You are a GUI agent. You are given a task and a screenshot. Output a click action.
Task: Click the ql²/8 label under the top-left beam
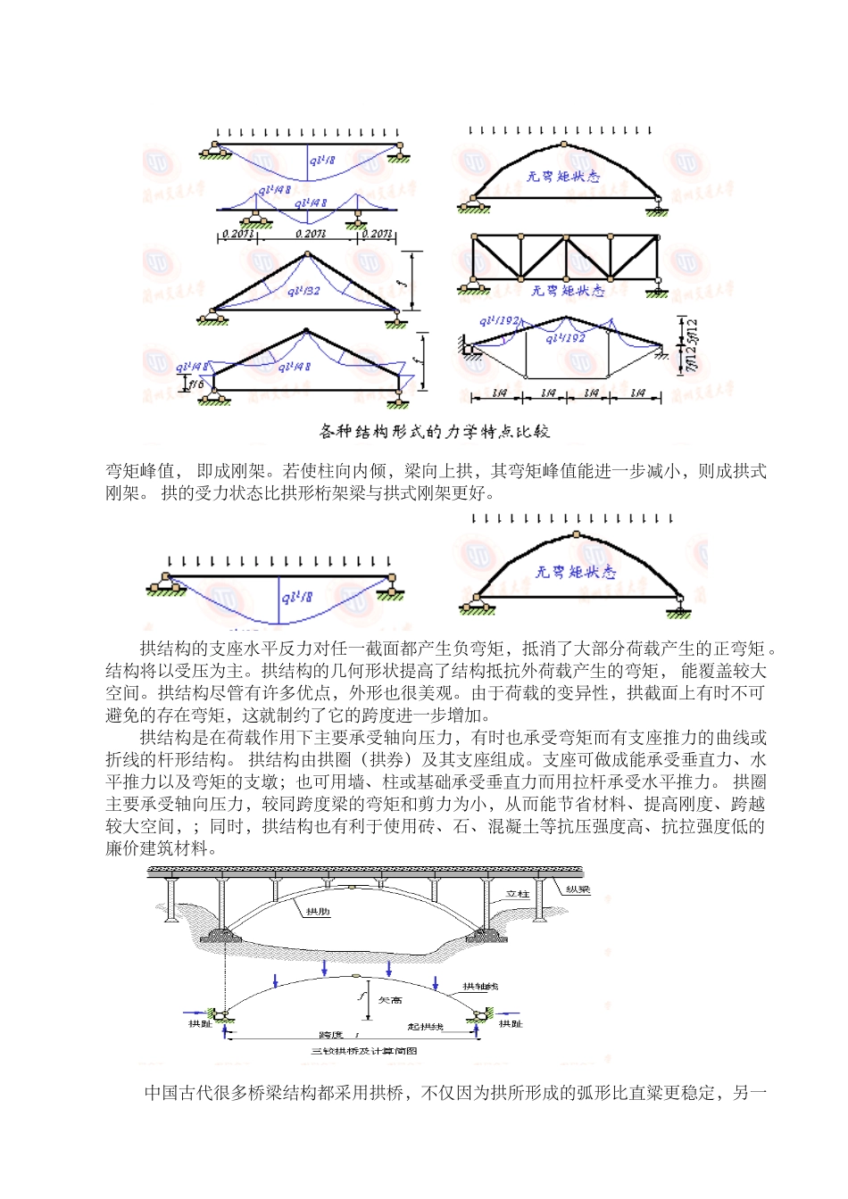(322, 161)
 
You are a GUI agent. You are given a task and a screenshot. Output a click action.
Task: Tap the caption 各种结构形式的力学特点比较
(435, 432)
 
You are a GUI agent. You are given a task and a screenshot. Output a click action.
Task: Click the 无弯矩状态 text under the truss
(568, 292)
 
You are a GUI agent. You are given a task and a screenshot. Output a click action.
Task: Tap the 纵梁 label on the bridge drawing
(578, 889)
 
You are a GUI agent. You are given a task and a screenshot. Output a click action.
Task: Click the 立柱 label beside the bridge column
(517, 893)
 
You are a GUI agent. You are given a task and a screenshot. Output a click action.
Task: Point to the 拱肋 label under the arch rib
(318, 912)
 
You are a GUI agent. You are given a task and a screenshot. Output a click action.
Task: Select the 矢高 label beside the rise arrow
(391, 1000)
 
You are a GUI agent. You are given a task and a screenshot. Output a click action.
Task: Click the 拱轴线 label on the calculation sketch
(480, 987)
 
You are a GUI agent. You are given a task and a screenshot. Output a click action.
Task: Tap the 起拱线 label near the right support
(425, 1027)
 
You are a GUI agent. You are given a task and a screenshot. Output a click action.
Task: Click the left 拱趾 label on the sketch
(200, 1025)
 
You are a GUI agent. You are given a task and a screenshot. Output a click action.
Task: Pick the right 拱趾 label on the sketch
(511, 1024)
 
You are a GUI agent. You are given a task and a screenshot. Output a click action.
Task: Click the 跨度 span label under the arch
(332, 1035)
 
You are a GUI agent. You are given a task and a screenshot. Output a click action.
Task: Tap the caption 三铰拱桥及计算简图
(363, 1051)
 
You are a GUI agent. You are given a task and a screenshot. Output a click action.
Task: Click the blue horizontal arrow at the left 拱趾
(195, 1012)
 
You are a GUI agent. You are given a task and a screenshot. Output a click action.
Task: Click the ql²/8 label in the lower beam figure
(296, 599)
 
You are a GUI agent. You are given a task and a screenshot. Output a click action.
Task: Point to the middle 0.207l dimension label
(310, 234)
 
